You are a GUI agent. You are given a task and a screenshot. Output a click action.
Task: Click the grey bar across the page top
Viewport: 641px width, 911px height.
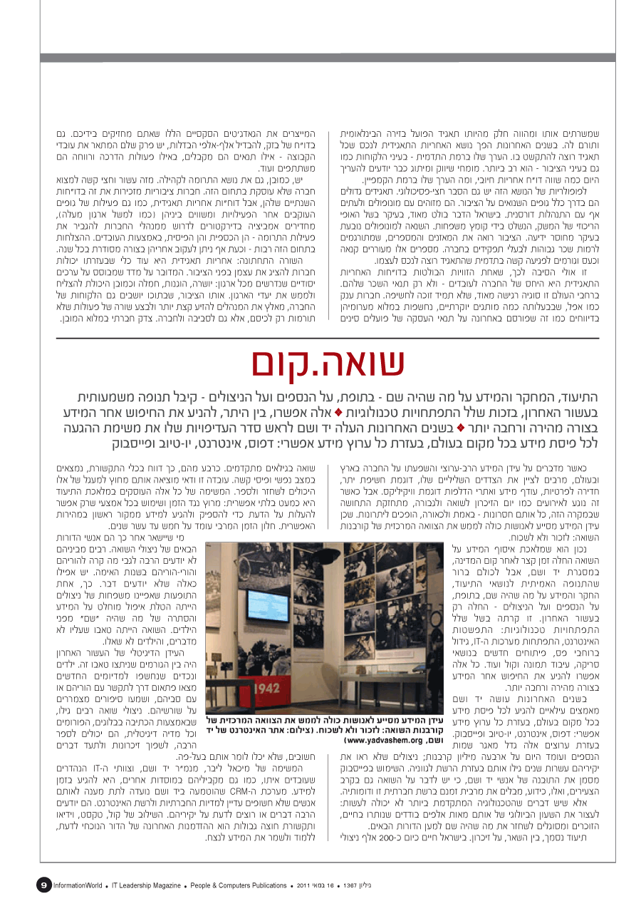[x=320, y=58]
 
